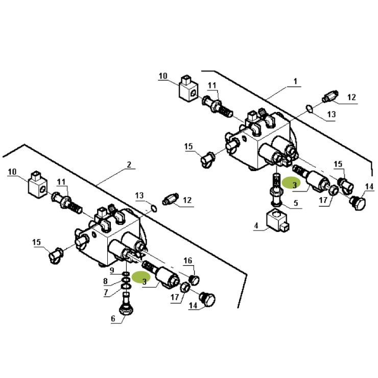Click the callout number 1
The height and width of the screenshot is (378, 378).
coord(296,82)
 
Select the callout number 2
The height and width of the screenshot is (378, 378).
coord(129,164)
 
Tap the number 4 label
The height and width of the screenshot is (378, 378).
coord(256,226)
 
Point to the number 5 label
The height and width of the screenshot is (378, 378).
coord(296,203)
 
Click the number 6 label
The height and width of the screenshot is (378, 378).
coord(113,319)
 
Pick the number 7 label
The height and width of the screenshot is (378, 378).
coord(106,292)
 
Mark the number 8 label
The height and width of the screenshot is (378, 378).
coord(105,281)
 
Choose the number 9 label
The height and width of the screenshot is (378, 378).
coord(112,270)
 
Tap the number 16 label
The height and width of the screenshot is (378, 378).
coord(188,261)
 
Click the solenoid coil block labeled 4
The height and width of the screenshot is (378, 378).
coord(277,221)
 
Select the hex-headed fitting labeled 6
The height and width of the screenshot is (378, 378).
coord(126,305)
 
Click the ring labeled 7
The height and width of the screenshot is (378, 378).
coord(126,287)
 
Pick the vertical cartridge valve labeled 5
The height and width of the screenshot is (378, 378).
coord(276,190)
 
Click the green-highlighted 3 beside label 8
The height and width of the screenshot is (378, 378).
coord(141,277)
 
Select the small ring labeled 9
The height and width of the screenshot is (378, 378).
coord(126,274)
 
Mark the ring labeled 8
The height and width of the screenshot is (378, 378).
coord(126,280)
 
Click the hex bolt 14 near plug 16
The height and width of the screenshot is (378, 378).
coord(207,300)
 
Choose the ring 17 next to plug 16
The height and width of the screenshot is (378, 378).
coord(185,287)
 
